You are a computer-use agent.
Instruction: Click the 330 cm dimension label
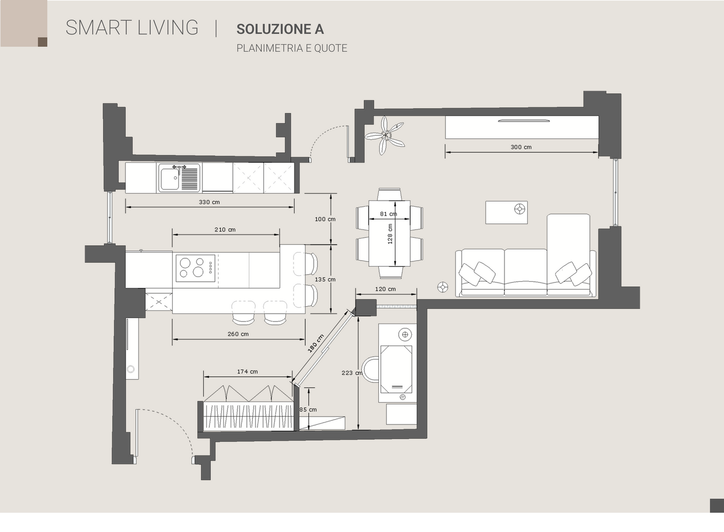pyautogui.click(x=209, y=202)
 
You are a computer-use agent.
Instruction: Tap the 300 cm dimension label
pyautogui.click(x=521, y=147)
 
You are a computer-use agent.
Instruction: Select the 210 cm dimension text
pyautogui.click(x=225, y=230)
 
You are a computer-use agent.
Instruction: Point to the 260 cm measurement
pyautogui.click(x=238, y=334)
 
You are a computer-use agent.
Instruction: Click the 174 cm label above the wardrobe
pyautogui.click(x=247, y=372)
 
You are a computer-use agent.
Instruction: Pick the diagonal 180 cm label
pyautogui.click(x=316, y=343)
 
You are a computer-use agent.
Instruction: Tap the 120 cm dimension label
pyautogui.click(x=385, y=289)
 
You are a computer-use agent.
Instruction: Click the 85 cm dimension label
pyautogui.click(x=308, y=410)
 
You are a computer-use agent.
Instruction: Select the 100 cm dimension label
pyautogui.click(x=325, y=220)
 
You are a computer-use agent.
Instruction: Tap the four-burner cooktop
pyautogui.click(x=195, y=268)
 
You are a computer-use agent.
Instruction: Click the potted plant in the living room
pyautogui.click(x=385, y=135)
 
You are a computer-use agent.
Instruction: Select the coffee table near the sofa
pyautogui.click(x=506, y=212)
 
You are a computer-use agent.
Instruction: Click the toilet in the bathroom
pyautogui.click(x=370, y=369)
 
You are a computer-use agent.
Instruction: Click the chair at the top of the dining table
pyautogui.click(x=390, y=194)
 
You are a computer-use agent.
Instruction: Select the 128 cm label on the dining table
pyautogui.click(x=390, y=234)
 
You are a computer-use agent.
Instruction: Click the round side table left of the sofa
pyautogui.click(x=443, y=287)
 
